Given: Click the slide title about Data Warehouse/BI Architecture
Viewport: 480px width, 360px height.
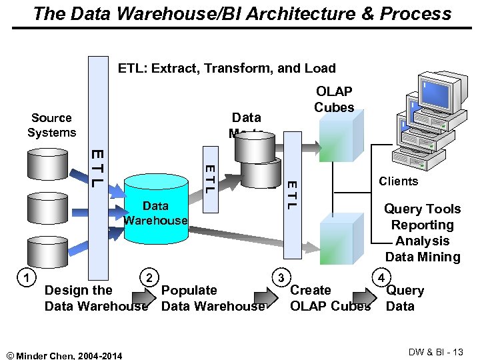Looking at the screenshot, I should coord(241,13).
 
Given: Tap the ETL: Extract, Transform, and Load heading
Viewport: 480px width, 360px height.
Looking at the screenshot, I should coord(227,68).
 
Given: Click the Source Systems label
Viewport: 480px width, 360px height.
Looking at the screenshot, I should coord(51,125).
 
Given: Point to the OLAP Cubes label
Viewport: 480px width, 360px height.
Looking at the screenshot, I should coord(334,99).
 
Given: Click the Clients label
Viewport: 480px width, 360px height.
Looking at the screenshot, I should coord(398,181).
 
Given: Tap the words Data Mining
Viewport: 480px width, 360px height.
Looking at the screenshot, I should coord(423,257).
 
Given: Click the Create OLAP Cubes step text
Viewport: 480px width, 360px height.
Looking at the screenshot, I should coord(330,298).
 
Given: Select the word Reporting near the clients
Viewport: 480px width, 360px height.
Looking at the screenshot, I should coord(423,225).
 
